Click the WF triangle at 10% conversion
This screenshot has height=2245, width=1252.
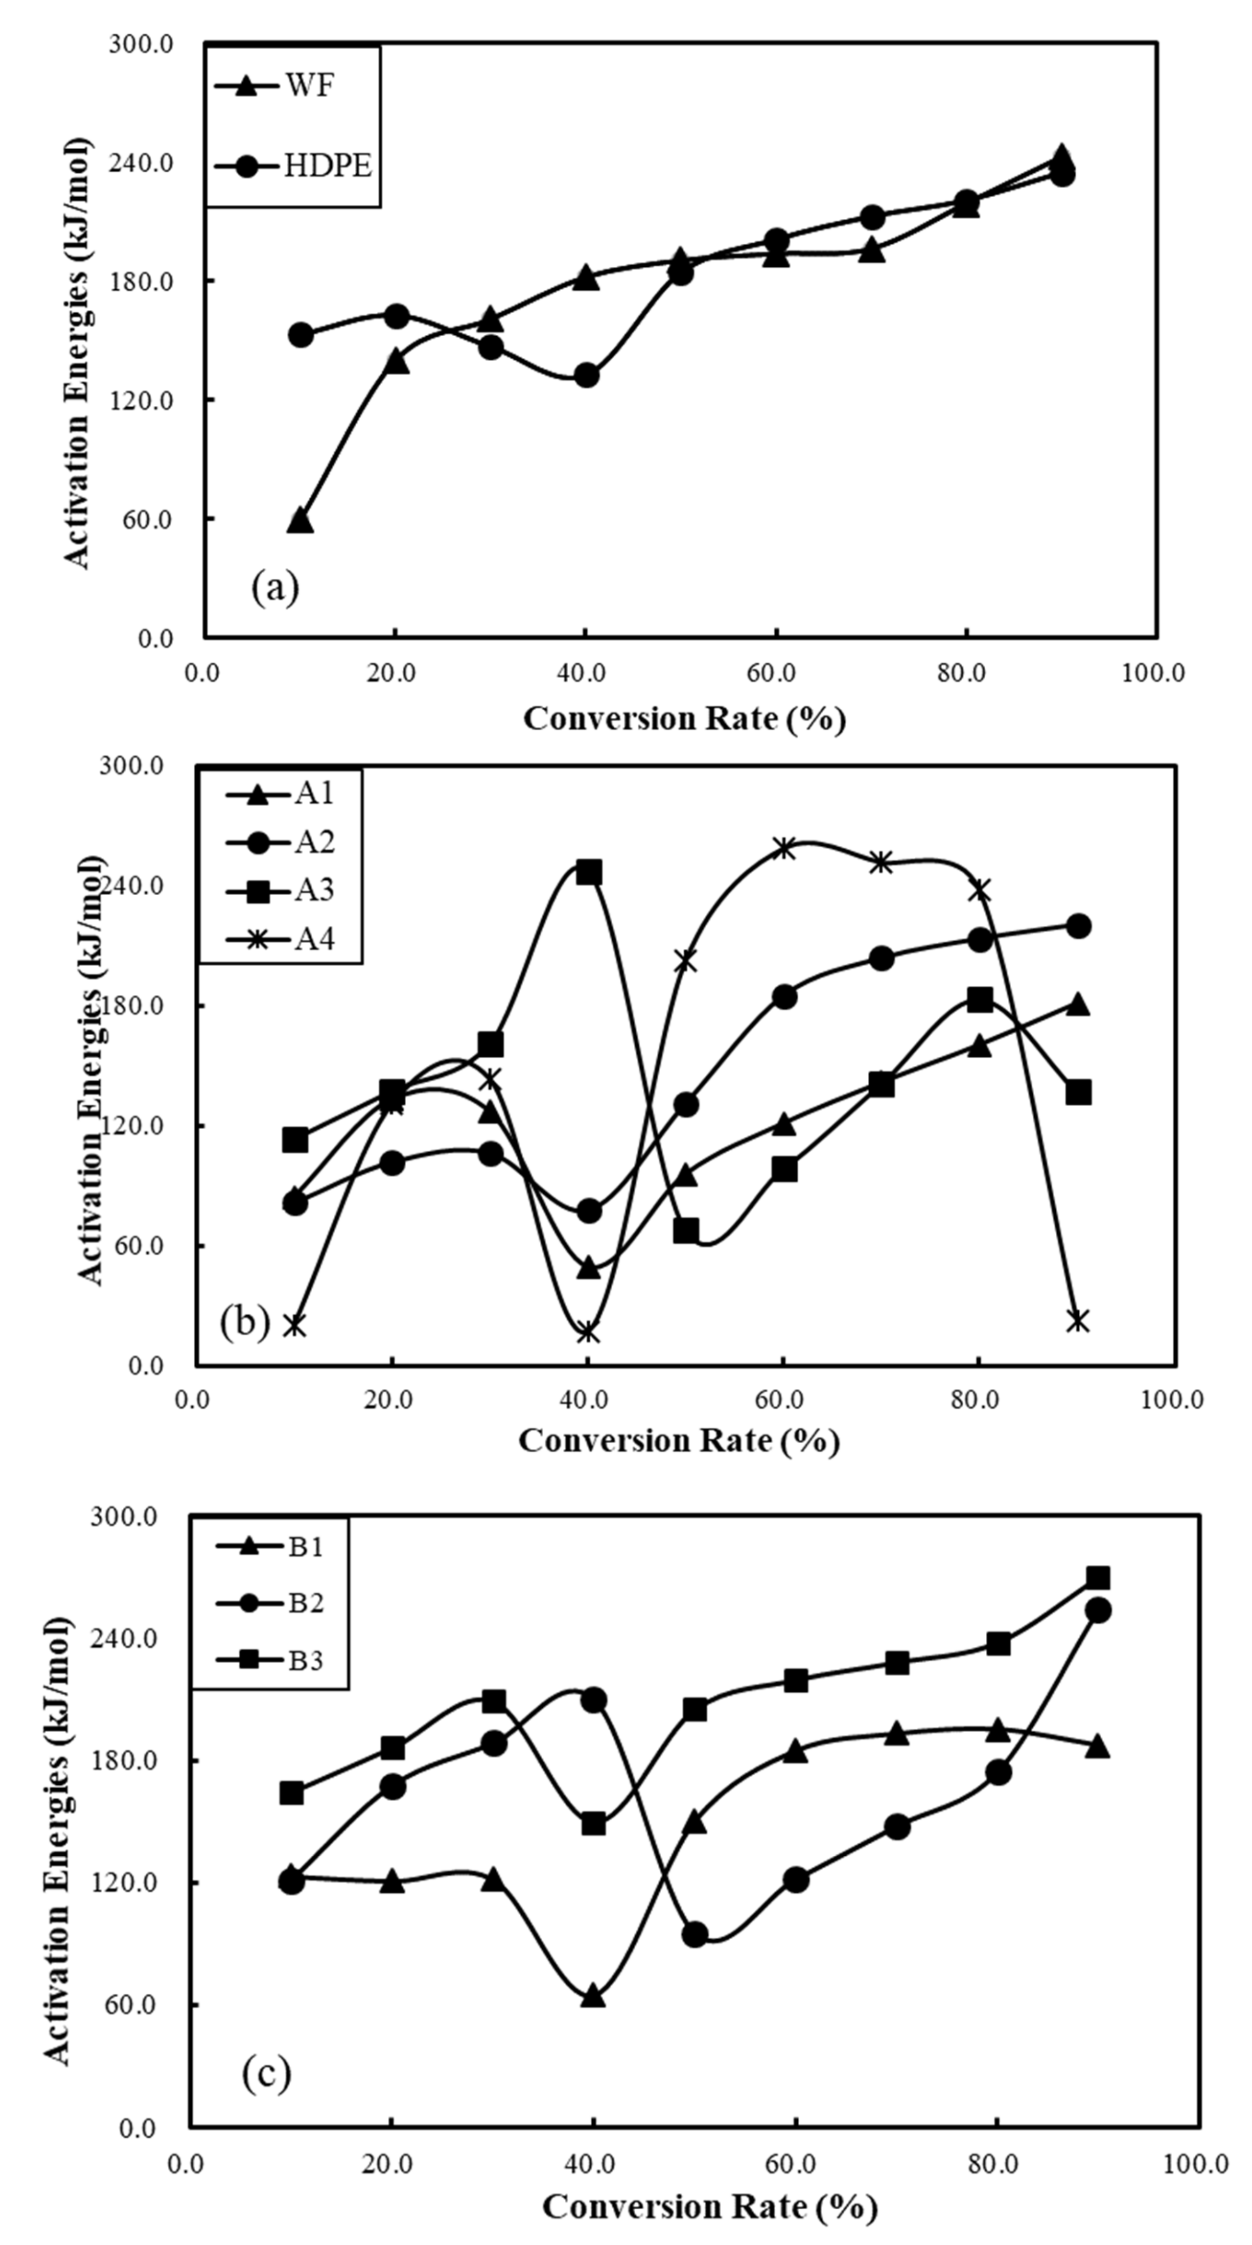pos(300,520)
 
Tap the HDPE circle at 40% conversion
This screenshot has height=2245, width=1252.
pos(586,375)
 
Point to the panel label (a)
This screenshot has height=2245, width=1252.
pos(275,587)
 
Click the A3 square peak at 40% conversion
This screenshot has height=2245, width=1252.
pos(589,872)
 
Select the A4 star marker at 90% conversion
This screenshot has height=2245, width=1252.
pos(1078,1320)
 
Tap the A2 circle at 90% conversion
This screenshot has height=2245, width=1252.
pos(1078,926)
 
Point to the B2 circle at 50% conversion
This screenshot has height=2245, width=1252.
pos(695,1935)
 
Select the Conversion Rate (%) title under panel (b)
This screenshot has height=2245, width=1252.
pos(679,1440)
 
